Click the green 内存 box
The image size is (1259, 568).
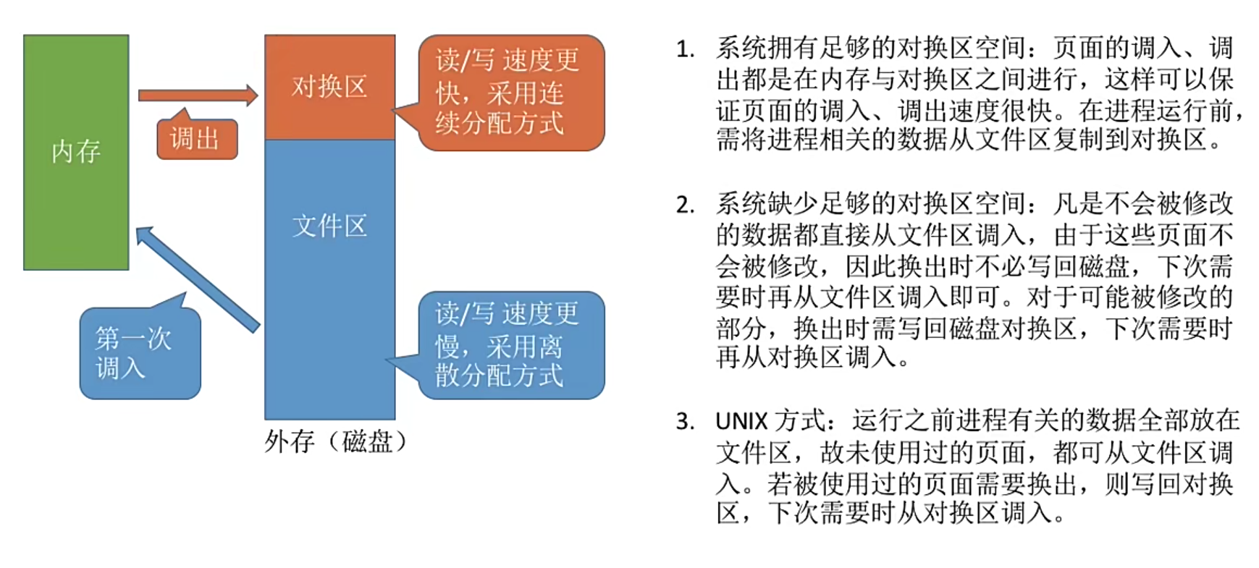76,152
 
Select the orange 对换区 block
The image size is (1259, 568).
329,87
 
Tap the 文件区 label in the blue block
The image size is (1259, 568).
329,226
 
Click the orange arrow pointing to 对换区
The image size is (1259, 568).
197,95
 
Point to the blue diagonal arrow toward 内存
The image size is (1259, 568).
197,279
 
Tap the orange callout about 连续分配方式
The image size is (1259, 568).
511,93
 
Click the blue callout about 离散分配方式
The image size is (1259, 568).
511,345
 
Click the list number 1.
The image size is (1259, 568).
684,49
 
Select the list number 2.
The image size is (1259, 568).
684,205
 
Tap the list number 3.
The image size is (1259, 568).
684,421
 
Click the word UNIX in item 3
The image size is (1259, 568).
741,421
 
